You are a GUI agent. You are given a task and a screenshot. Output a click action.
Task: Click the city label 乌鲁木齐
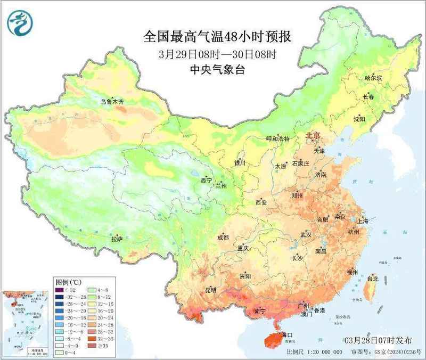point(112,101)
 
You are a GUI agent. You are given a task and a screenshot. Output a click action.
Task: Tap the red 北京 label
point(312,136)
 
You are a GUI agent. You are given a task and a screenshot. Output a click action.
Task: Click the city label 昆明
point(210,290)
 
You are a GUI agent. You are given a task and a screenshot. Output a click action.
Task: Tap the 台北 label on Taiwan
point(373,278)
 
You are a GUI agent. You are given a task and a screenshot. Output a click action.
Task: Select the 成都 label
point(223,238)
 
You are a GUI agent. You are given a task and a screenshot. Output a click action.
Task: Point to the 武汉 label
point(305,234)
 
